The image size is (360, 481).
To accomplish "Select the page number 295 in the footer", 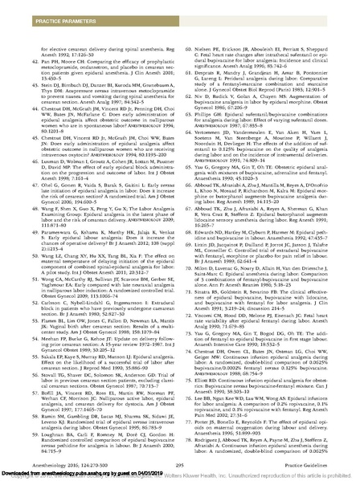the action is tap(179, 452).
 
